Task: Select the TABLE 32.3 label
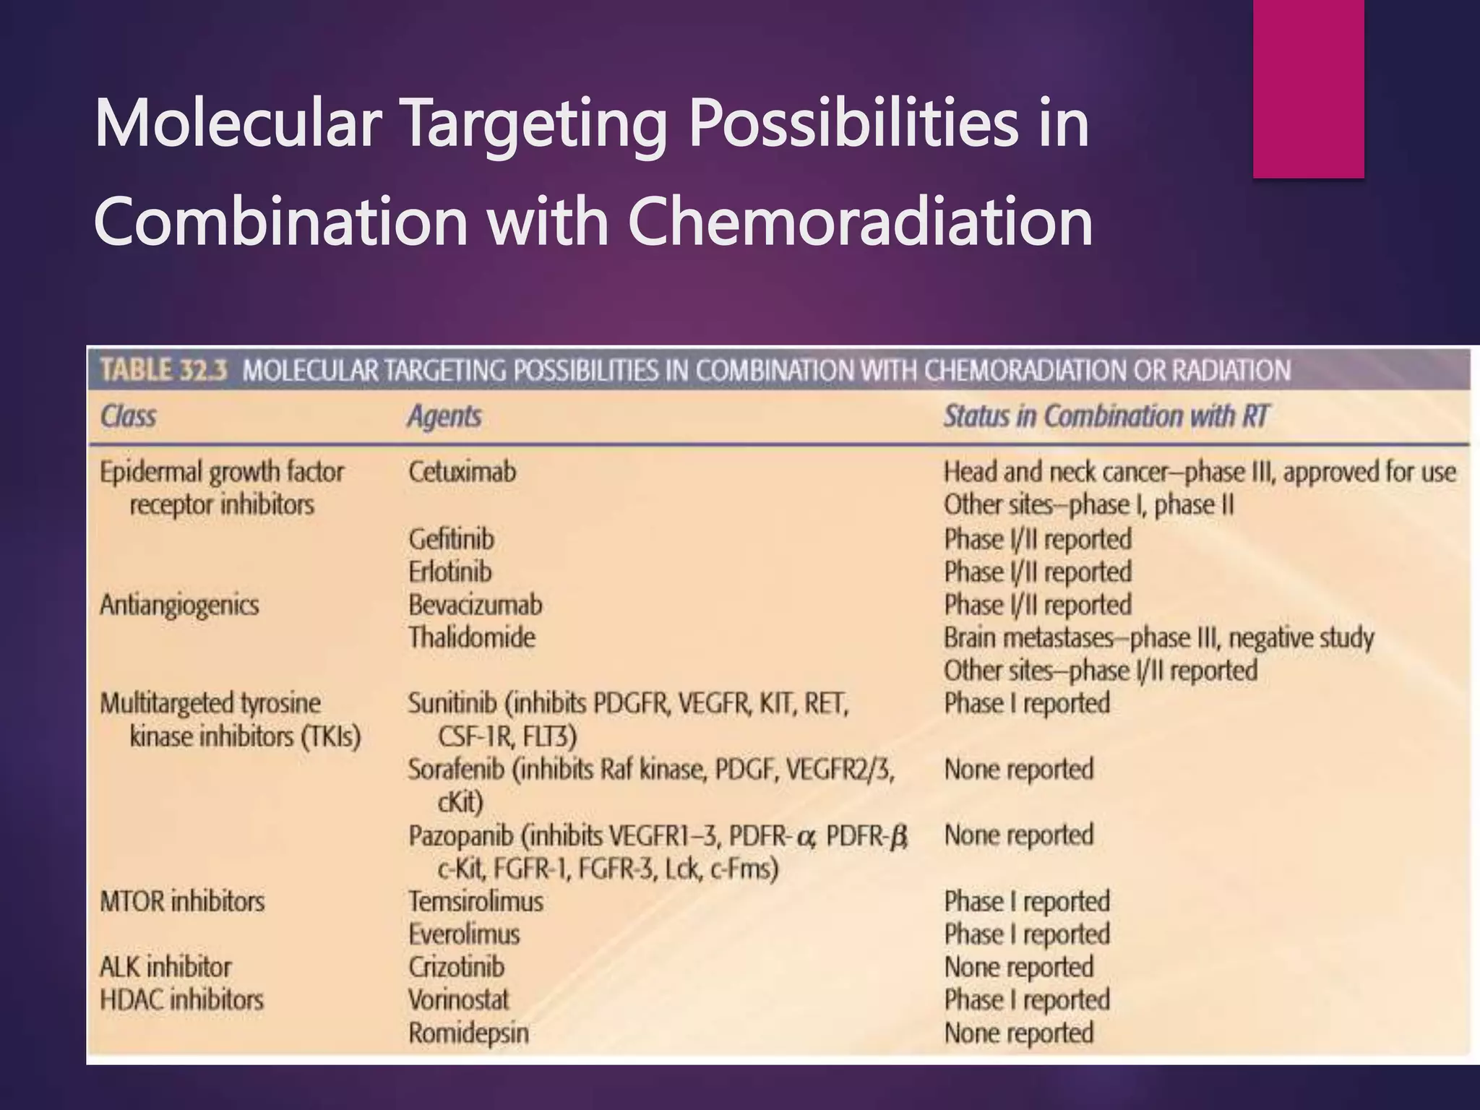tap(164, 370)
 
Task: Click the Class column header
tap(128, 416)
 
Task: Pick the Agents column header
tap(444, 416)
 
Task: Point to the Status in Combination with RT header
tap(1105, 416)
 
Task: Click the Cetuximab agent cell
tap(462, 472)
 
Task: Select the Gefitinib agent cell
tap(452, 539)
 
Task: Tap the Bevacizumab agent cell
tap(475, 605)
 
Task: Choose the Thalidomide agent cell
tap(472, 637)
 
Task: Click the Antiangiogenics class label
tap(179, 605)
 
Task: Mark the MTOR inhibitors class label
tap(182, 901)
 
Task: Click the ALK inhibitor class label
tap(165, 967)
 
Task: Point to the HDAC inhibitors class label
tap(181, 1000)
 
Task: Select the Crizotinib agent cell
tap(456, 967)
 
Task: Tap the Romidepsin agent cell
tap(468, 1033)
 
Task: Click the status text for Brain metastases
tap(1158, 638)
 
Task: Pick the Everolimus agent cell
tap(464, 934)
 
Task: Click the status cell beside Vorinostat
tap(1026, 1000)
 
